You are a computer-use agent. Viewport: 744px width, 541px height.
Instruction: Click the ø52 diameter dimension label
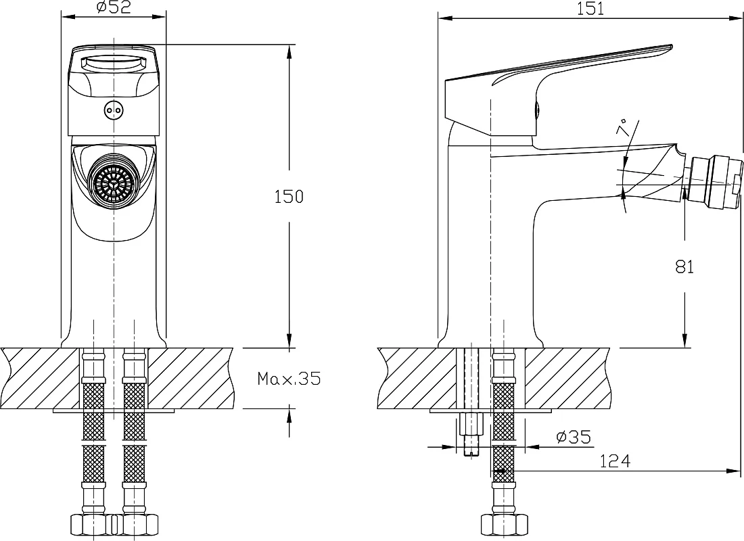click(x=114, y=7)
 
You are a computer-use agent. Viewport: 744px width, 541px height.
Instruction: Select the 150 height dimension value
click(x=289, y=197)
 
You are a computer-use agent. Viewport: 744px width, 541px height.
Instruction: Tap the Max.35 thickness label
click(x=289, y=378)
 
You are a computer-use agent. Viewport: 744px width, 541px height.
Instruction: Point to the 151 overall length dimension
click(x=590, y=9)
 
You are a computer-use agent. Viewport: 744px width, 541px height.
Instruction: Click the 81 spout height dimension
click(x=684, y=267)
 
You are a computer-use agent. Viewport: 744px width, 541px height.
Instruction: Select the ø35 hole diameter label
click(x=574, y=437)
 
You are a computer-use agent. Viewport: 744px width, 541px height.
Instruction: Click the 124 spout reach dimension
click(x=615, y=461)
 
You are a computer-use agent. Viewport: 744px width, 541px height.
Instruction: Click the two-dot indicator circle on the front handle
click(x=114, y=111)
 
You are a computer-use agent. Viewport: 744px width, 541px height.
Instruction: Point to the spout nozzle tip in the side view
click(x=716, y=182)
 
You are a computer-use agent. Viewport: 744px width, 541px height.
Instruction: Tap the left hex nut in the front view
click(x=92, y=525)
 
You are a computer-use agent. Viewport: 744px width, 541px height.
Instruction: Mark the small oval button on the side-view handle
click(x=537, y=111)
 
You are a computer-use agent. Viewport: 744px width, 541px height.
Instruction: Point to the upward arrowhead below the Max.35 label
click(x=289, y=416)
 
